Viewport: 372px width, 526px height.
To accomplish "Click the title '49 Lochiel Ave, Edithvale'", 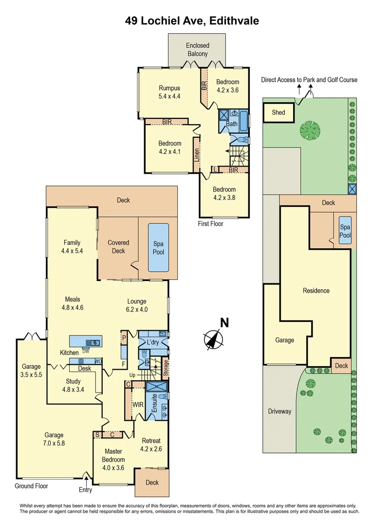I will tap(190, 20).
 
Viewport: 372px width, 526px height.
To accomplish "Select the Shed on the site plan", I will tap(279, 113).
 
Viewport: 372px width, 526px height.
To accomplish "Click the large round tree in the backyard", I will tap(310, 131).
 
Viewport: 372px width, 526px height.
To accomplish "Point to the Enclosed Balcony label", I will tap(197, 50).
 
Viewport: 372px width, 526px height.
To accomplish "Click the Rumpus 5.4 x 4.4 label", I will tap(169, 92).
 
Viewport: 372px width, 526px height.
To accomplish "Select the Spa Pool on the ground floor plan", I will tap(158, 248).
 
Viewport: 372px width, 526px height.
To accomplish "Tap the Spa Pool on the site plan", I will tap(345, 231).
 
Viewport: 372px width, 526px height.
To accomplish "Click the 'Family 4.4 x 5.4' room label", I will tap(71, 246).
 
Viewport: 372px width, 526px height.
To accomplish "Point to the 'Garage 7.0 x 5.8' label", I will tap(54, 439).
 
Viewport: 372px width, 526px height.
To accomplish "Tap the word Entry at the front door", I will tap(86, 490).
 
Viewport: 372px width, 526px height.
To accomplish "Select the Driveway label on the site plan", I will tap(279, 411).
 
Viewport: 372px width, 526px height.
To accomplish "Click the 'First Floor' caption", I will tap(210, 224).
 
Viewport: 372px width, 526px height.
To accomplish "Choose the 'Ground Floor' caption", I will tap(31, 486).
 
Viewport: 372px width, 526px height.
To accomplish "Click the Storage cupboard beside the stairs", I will tap(166, 369).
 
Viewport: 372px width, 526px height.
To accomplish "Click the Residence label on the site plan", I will tap(316, 291).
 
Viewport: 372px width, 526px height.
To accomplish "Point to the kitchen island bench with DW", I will tap(86, 341).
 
